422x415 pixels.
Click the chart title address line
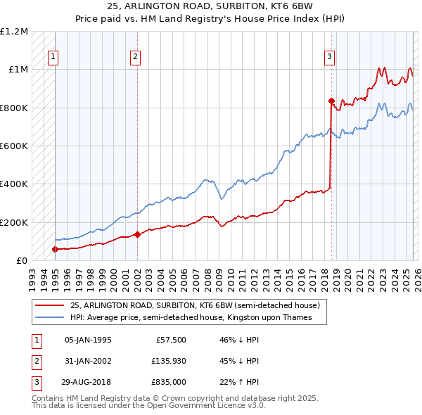[211, 6]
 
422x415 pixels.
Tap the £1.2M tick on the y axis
[14, 32]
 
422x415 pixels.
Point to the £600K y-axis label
[14, 146]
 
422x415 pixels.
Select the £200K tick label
[14, 222]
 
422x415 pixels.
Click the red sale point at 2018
[331, 101]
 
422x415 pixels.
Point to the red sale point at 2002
[138, 234]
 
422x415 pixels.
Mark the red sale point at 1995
[56, 249]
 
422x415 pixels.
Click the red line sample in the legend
[49, 305]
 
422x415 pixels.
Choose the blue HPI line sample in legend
[49, 317]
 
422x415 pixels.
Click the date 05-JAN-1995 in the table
[88, 340]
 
